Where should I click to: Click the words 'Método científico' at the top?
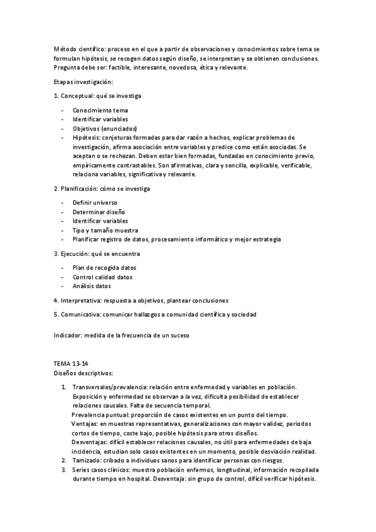75,49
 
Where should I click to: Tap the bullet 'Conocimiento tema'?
100,110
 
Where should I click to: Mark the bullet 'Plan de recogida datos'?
104,268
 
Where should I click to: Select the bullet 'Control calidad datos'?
102,277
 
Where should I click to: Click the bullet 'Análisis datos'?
92,286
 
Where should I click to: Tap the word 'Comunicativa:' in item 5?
80,314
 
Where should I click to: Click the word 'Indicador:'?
68,335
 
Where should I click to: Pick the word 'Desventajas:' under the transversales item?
92,442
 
